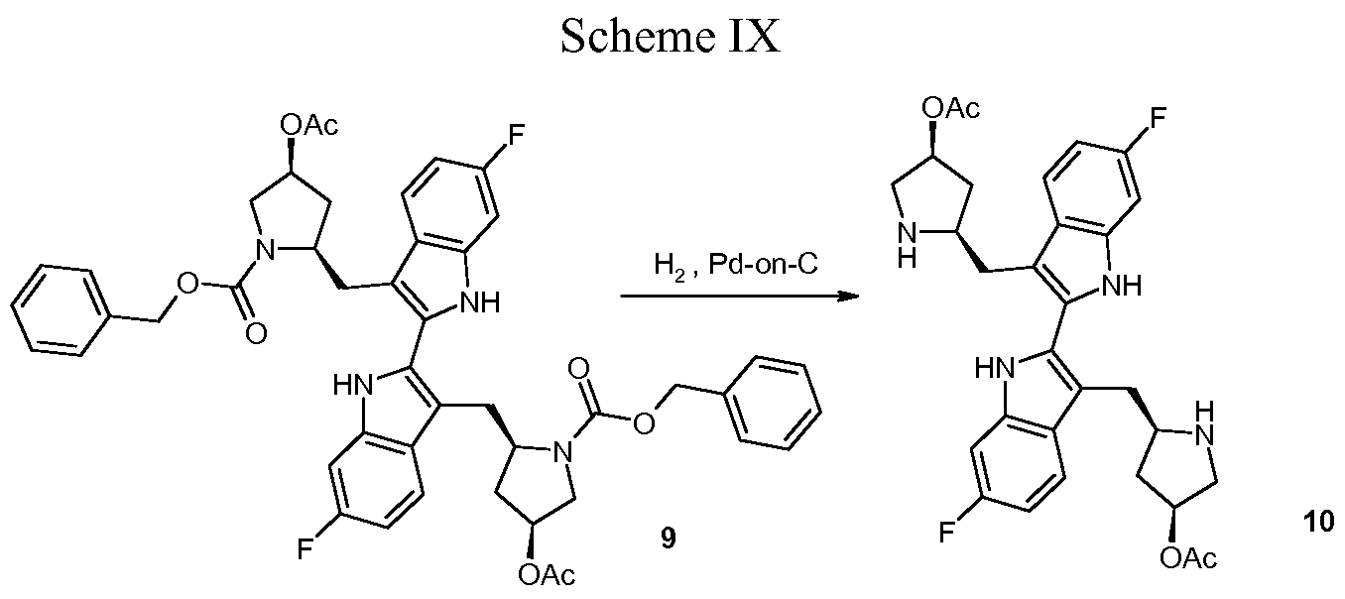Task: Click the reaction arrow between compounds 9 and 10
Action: click(739, 296)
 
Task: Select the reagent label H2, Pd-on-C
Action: click(736, 265)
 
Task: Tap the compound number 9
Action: click(668, 539)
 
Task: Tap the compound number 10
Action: click(1318, 521)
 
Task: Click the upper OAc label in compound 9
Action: click(309, 125)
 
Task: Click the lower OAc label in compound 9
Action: click(547, 575)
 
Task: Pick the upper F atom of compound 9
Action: click(517, 135)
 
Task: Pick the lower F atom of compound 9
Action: click(306, 549)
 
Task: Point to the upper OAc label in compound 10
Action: click(951, 109)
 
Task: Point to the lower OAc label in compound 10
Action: click(1188, 558)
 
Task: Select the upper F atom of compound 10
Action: click(1159, 118)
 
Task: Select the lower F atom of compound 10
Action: click(947, 533)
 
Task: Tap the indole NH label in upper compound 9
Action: click(480, 302)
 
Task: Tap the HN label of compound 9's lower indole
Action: click(354, 385)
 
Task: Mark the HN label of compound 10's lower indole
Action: click(995, 368)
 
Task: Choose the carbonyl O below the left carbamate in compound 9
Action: click(256, 333)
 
